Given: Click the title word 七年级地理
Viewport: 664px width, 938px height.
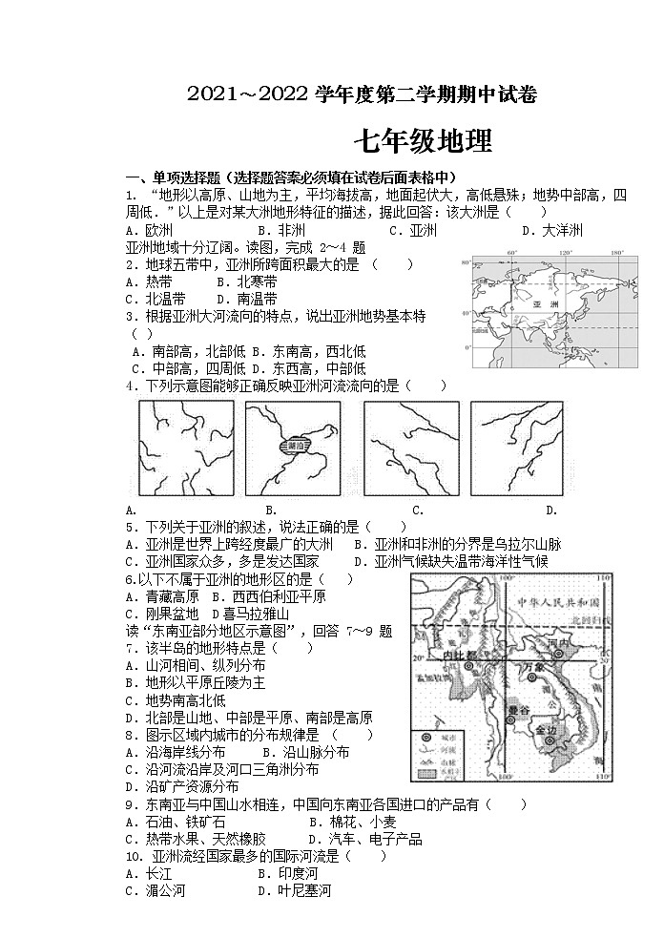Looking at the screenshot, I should click(x=423, y=142).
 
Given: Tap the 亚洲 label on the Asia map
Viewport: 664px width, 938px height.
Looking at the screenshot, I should click(x=546, y=303).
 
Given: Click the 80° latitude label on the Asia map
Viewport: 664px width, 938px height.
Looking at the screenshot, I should click(x=467, y=261).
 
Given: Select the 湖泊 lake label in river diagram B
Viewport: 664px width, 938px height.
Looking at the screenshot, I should click(x=294, y=446).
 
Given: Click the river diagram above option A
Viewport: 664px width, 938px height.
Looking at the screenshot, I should click(x=186, y=448).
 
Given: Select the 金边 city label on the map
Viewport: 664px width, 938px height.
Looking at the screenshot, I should click(x=547, y=730).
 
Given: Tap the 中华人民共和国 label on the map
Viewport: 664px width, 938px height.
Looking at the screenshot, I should click(x=557, y=602).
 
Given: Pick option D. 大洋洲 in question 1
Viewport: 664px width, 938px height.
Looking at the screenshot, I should click(x=551, y=230).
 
